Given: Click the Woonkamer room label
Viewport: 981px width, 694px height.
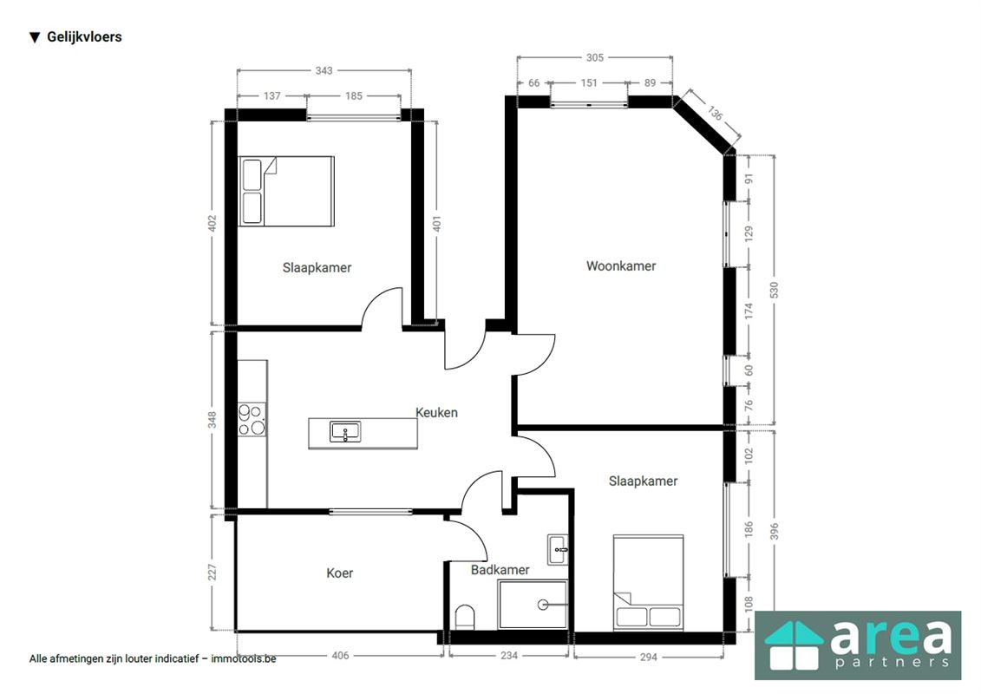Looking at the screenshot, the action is [621, 266].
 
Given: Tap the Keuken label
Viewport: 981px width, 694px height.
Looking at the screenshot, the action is [436, 412].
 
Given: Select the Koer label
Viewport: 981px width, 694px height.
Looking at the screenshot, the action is [340, 573].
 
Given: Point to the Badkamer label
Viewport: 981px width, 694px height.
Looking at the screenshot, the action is [500, 569].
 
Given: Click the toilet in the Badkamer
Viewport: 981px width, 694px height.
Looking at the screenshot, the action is [465, 617].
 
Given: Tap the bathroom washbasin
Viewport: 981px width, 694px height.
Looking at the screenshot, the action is [558, 549].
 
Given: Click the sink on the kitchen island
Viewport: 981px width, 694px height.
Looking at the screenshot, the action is [344, 432].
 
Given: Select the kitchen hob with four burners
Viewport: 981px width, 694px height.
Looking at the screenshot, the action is [252, 420].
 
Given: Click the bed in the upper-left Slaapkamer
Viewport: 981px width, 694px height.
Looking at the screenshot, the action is [286, 191].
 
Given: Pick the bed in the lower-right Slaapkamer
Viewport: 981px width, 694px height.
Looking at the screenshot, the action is [648, 583].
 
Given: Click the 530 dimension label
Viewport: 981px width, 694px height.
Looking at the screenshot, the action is [774, 291].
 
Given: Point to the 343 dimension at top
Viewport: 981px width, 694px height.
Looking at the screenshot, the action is [324, 71].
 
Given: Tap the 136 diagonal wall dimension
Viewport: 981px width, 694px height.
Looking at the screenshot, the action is [715, 113].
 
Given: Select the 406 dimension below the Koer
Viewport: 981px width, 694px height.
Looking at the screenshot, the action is [340, 655].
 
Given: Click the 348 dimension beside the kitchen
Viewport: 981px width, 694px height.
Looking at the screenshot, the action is [213, 420].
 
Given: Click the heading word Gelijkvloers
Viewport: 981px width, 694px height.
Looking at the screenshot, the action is [84, 37].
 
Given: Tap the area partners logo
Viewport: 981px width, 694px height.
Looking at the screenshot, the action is [858, 645].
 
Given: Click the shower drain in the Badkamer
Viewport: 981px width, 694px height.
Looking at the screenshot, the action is [543, 605].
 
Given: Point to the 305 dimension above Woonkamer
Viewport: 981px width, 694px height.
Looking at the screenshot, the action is [594, 57].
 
